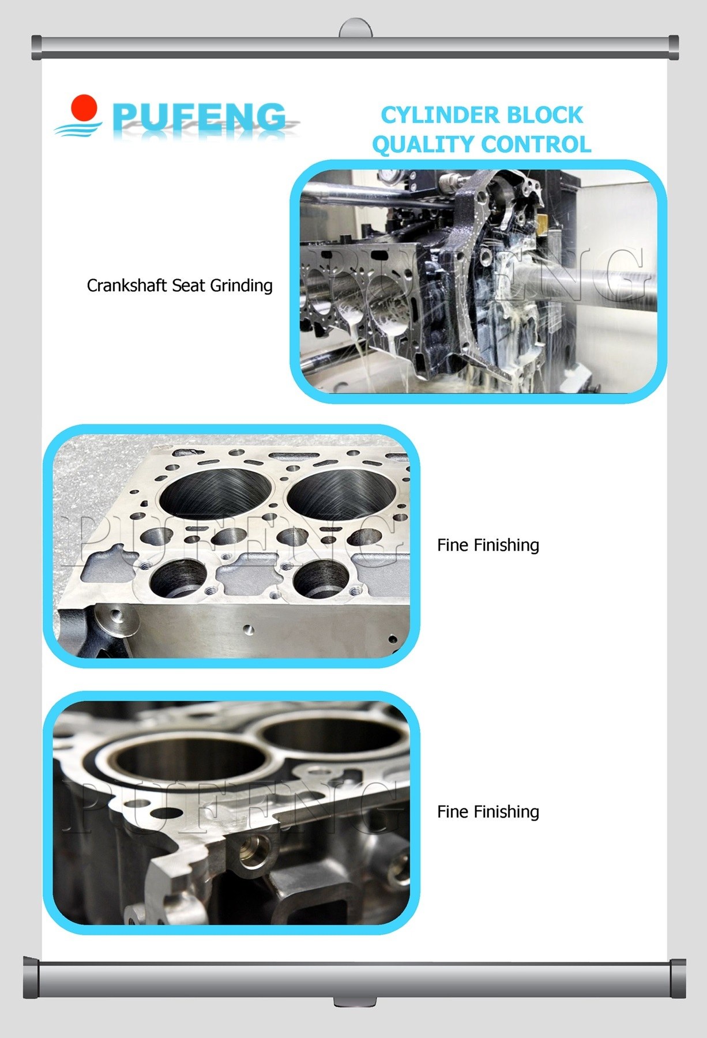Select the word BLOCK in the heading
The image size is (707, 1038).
click(539, 115)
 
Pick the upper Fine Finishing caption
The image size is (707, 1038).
click(488, 545)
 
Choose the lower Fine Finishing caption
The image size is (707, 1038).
click(488, 811)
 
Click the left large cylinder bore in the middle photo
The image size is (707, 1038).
click(212, 493)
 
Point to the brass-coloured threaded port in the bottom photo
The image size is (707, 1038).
click(254, 850)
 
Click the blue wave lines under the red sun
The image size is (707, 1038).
click(78, 128)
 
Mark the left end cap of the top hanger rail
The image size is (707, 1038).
click(37, 48)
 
